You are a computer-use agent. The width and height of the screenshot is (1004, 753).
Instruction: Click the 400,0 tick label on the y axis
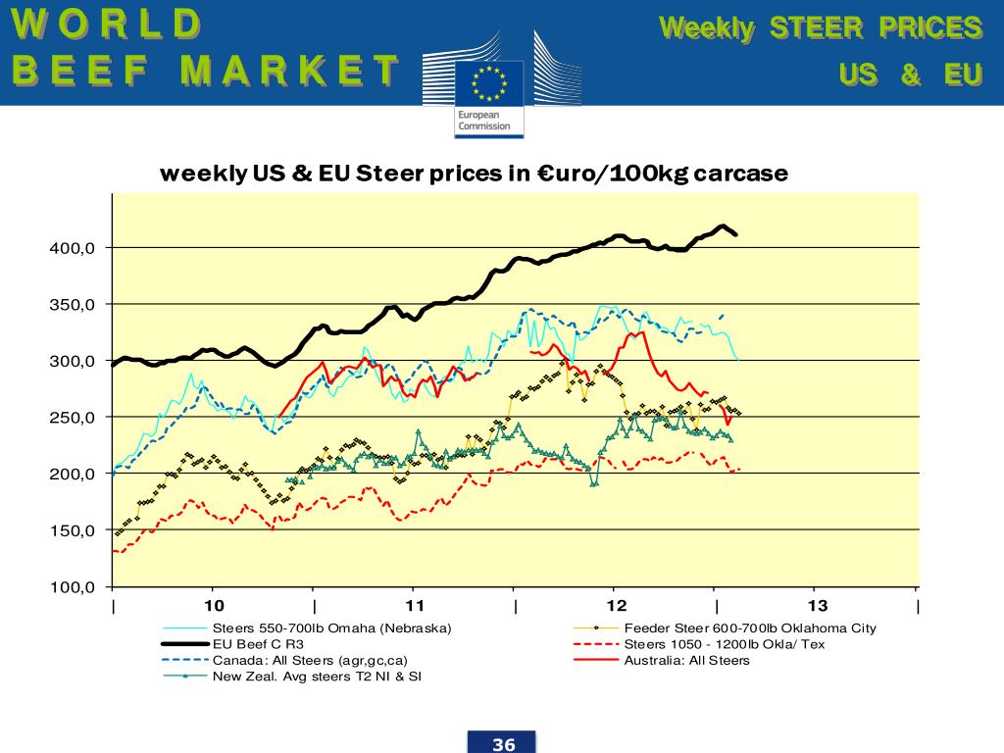74,248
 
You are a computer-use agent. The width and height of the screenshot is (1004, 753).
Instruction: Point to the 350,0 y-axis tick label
74,305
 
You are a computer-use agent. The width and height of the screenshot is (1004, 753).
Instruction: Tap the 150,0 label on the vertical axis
74,531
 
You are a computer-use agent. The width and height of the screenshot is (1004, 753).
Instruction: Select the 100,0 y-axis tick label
74,587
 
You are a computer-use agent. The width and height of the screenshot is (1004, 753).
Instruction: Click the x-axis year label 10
214,606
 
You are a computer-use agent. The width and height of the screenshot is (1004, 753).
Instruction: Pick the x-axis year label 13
817,606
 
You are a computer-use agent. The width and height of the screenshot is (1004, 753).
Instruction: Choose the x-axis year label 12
616,606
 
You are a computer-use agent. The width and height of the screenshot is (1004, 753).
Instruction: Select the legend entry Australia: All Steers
686,661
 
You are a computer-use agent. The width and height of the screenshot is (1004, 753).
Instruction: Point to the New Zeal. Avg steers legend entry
318,677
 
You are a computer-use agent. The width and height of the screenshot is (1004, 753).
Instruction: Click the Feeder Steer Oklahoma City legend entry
750,628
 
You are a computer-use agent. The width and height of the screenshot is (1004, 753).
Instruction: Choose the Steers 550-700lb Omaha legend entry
331,628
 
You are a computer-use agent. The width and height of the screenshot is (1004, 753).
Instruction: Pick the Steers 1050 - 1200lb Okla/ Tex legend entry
725,644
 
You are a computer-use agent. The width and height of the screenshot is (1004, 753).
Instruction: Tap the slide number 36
504,744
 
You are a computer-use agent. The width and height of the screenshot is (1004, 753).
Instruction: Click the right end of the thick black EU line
736,234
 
